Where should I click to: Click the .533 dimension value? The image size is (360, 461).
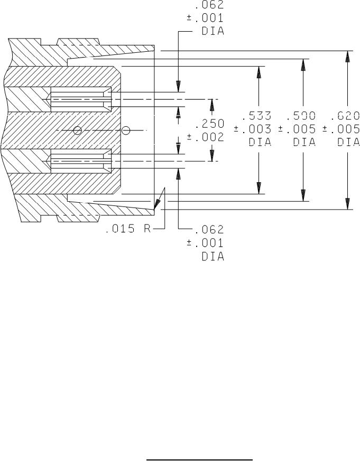click(x=256, y=116)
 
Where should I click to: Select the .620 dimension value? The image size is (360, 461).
click(x=345, y=116)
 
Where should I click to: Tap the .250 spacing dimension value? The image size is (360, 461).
click(x=210, y=124)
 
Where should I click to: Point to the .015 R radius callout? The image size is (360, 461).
click(x=128, y=229)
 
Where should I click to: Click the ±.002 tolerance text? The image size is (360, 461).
click(x=206, y=137)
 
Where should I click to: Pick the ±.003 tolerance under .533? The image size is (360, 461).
click(x=253, y=129)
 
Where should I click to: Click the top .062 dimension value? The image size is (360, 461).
click(x=210, y=5)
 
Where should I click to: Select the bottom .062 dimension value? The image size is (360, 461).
click(x=210, y=229)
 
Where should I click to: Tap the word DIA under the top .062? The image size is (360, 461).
click(x=213, y=31)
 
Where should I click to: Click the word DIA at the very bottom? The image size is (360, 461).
click(x=213, y=257)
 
